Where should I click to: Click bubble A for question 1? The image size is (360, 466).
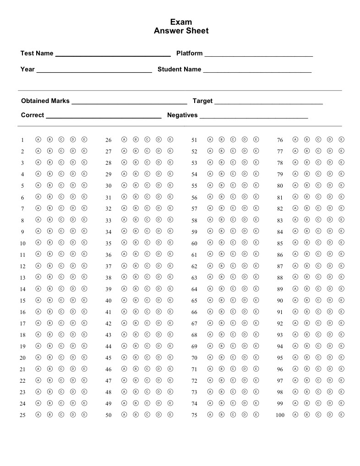[38, 140]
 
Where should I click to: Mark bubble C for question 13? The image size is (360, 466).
[61, 277]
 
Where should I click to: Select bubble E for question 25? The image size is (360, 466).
[84, 415]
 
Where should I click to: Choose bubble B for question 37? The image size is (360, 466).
[136, 266]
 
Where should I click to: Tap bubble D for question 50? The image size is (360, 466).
[158, 415]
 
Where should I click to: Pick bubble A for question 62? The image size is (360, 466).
[210, 266]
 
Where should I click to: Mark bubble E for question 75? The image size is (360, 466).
[256, 415]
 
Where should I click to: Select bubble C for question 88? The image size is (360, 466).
[318, 277]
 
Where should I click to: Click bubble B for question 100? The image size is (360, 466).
[307, 415]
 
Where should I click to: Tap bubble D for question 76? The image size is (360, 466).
[330, 140]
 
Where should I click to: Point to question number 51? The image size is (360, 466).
[194, 140]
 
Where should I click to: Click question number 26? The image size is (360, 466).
[109, 140]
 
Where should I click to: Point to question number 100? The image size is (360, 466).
[280, 415]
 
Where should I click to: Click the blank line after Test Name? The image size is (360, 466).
[113, 55]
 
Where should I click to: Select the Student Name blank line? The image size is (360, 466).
[257, 71]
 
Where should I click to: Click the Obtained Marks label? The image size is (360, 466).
[45, 101]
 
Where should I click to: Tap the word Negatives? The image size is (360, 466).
[182, 115]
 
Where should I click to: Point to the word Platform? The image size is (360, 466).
[189, 53]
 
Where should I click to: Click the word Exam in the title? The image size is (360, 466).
[181, 22]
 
